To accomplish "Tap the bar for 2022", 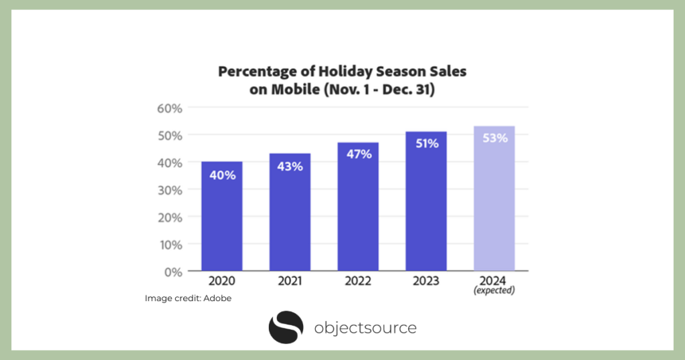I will [x=358, y=207].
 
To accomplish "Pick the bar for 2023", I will [x=425, y=201].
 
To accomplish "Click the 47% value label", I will [x=358, y=154].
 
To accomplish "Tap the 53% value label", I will [x=494, y=139].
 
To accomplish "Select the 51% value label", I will [x=425, y=143].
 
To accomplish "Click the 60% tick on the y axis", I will [x=171, y=108].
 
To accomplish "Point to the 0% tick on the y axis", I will [x=173, y=272].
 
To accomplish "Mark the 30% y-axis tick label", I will [x=171, y=190].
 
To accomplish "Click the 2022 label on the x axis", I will [x=358, y=281].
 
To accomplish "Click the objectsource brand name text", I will [x=365, y=328].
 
